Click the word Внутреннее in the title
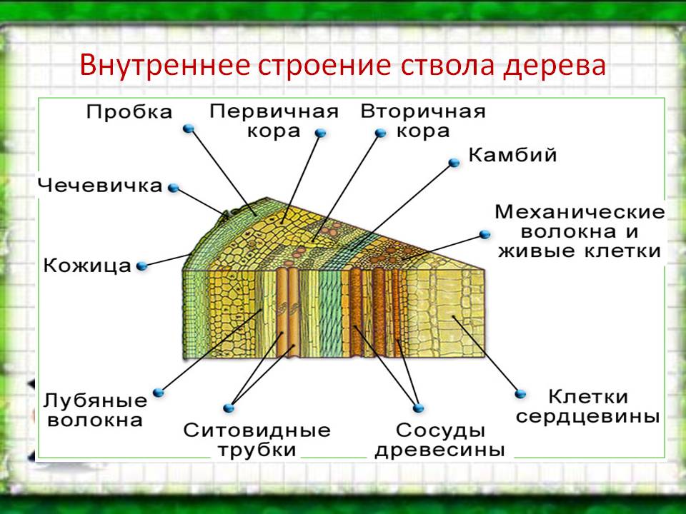165,65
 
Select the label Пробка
129,112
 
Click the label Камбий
512,155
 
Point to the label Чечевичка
100,186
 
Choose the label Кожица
87,266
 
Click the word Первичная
274,111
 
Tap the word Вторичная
423,111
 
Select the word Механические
580,212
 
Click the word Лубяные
95,400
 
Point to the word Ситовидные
257,430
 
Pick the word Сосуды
441,430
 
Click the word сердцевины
587,416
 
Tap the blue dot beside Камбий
454,163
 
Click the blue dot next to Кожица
141,266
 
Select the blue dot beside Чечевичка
174,188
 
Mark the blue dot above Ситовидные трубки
229,408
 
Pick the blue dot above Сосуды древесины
419,408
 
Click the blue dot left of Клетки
520,394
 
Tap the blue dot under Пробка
189,128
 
